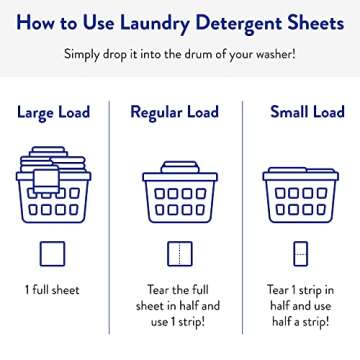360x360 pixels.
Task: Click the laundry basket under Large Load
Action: pos(54,190)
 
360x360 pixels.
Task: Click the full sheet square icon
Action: pos(54,254)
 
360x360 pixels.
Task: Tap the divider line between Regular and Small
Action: pos(246,200)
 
